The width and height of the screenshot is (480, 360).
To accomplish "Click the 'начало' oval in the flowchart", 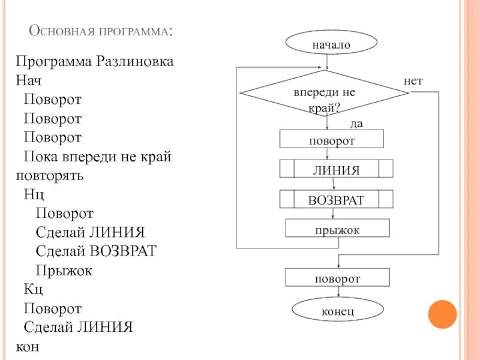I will [331, 44].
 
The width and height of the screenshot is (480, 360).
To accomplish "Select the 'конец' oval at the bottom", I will [337, 311].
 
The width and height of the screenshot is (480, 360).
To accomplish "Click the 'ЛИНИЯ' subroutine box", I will [336, 170].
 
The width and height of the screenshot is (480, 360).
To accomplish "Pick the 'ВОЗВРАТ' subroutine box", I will [336, 200].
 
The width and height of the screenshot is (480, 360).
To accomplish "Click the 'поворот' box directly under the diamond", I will [332, 140].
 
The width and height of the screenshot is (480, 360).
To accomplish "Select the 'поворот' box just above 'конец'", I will [337, 278].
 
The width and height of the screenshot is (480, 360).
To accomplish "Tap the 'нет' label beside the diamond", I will [413, 80].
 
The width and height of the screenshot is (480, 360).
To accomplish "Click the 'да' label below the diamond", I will [357, 124].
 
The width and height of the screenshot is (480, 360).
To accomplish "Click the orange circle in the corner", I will [443, 314].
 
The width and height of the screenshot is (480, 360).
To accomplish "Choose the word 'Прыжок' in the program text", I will [64, 271].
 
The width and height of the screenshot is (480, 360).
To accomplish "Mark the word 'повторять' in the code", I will [50, 176].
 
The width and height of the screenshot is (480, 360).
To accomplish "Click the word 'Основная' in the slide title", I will [59, 31].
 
